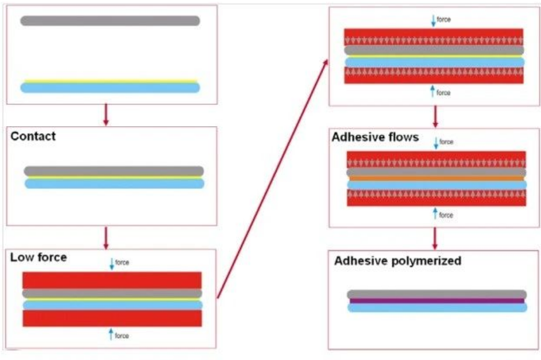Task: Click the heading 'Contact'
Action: (x=33, y=137)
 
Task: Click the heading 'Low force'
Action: (x=38, y=258)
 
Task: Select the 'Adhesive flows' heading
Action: (x=375, y=138)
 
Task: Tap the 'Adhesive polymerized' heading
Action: (x=397, y=261)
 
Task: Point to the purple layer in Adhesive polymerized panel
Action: (x=437, y=301)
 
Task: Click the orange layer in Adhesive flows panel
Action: (x=436, y=179)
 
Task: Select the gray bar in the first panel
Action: (x=110, y=21)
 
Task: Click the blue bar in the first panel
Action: (x=110, y=88)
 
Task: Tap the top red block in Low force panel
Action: (x=112, y=280)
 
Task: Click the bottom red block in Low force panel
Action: (x=112, y=318)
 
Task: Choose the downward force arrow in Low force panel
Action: (x=112, y=264)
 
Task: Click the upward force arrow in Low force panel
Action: (x=111, y=334)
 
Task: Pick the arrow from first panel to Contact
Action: (x=105, y=115)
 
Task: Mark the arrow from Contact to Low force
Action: (x=105, y=237)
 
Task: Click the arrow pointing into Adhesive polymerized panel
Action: (x=435, y=238)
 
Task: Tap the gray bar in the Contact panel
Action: (x=114, y=171)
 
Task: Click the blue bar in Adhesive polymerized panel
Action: (x=437, y=307)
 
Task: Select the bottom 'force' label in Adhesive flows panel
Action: (x=446, y=215)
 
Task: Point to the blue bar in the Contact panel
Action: (x=114, y=183)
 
